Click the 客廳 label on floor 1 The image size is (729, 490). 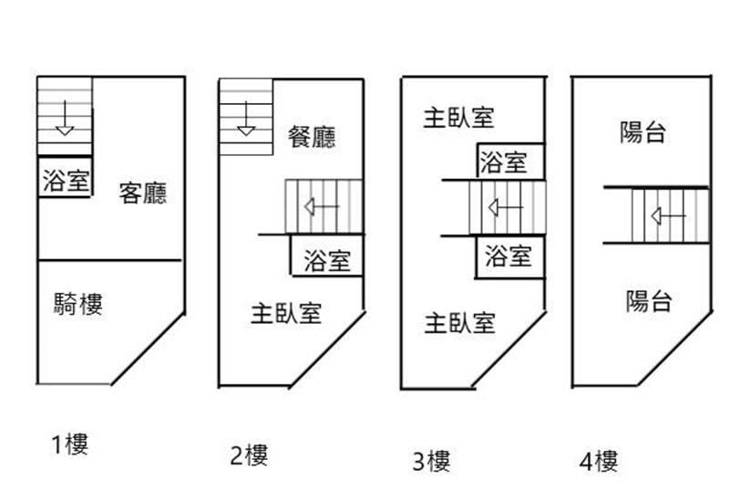pos(143,193)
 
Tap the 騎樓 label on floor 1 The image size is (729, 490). pos(77,304)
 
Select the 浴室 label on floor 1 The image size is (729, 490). pos(66,180)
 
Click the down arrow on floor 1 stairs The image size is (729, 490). pos(64,120)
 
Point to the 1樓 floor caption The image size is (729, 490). pos(69,445)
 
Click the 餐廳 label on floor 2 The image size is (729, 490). pos(312,137)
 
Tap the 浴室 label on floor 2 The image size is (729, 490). pos(327,261)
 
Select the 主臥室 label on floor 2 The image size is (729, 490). pos(286,314)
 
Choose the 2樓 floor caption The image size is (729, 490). pos(248,454)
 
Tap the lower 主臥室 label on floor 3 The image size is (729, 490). pos(459,322)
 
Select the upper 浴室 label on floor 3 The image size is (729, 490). pos(504,163)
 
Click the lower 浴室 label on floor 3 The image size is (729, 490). pos(508,255)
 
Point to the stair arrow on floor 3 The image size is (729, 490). pos(504,208)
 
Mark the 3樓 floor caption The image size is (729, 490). pos(430,461)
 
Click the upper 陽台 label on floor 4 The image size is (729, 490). pos(642,133)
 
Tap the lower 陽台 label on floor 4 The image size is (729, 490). pos(649,300)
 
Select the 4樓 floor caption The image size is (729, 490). pos(598,461)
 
